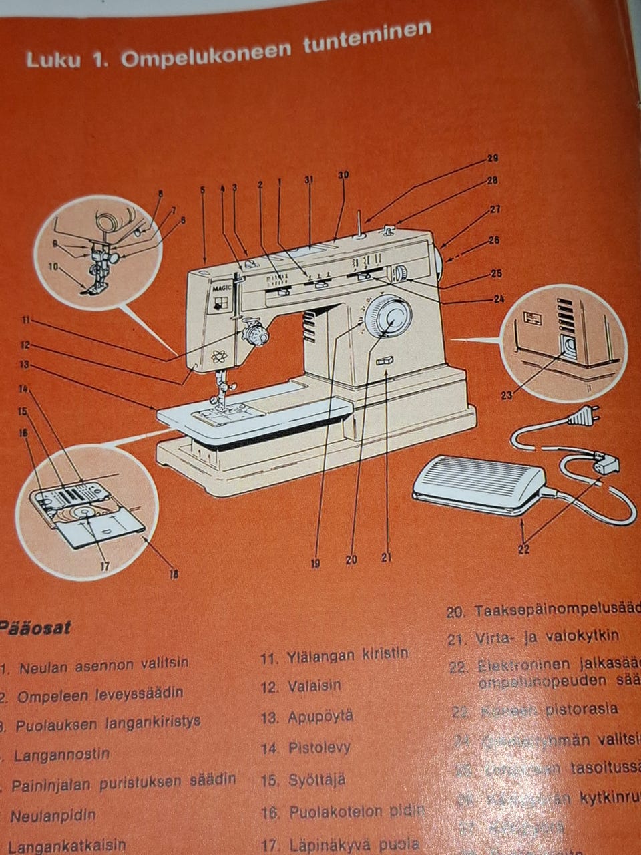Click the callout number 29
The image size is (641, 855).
coord(493,159)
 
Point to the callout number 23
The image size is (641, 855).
coord(507,395)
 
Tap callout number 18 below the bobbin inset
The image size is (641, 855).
coord(174,572)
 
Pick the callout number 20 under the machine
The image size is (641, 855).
coord(351,560)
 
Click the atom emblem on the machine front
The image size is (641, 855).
coord(218,355)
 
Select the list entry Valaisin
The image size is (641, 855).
coord(314,686)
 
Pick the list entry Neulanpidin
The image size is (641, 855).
coord(53,816)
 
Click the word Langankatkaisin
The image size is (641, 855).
coord(67,846)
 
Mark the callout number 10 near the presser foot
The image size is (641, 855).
coord(53,266)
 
